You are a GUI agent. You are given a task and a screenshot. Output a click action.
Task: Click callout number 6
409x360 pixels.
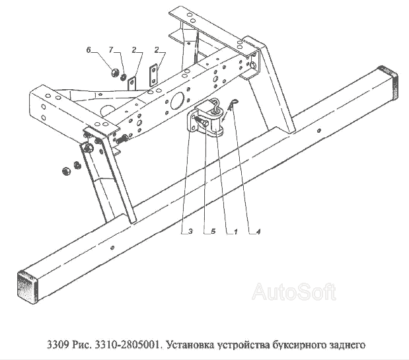[x=89, y=50]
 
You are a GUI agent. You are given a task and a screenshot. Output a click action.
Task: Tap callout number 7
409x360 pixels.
[x=111, y=50]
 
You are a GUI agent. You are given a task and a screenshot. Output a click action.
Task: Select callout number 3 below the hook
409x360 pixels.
[x=190, y=231]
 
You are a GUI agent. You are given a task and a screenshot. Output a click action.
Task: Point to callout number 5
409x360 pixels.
[x=213, y=231]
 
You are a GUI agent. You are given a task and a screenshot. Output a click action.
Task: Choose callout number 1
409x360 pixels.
[x=235, y=231]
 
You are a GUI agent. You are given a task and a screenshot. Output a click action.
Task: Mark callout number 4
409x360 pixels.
[x=258, y=231]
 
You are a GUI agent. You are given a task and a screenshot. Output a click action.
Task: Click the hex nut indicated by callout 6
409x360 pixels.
[x=115, y=73]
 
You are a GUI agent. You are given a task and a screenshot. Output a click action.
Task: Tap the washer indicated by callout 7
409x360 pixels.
[x=123, y=77]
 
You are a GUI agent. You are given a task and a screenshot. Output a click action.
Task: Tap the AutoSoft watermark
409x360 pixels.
[x=294, y=291]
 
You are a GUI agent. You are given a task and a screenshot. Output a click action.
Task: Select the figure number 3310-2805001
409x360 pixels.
[x=128, y=345]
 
